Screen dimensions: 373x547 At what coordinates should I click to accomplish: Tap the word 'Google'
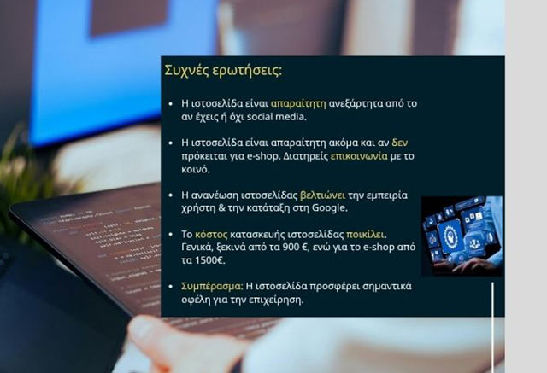pos(323,208)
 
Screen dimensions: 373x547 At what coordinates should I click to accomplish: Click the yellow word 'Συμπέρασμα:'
pos(212,286)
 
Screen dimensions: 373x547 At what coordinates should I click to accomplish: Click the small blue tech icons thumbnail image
pos(461,236)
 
